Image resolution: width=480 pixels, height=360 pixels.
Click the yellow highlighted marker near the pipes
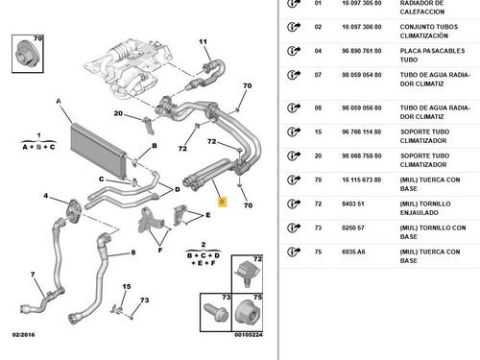click(x=222, y=202)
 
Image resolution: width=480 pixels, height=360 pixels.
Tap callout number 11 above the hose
click(x=203, y=41)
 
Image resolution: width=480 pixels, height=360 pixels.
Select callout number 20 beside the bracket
click(x=118, y=113)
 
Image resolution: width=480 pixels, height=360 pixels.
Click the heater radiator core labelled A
click(x=98, y=150)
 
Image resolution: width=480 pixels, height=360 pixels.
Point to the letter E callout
click(x=208, y=215)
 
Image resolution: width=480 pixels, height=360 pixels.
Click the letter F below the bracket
click(x=160, y=250)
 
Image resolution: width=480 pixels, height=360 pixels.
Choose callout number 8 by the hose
click(x=133, y=252)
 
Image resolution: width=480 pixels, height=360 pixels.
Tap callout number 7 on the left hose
click(x=33, y=275)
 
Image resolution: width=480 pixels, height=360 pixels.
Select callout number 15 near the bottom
click(x=127, y=286)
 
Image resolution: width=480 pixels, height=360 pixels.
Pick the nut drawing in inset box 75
click(x=248, y=313)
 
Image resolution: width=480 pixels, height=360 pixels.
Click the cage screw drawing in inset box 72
click(x=248, y=274)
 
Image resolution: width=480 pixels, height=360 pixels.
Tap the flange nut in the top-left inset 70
click(x=28, y=54)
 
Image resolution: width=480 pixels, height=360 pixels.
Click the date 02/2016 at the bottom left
click(x=23, y=335)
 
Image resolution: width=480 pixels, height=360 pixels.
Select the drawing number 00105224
click(x=249, y=335)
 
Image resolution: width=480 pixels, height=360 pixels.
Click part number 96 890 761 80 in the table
click(x=362, y=51)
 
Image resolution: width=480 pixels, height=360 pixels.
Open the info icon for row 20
click(x=294, y=156)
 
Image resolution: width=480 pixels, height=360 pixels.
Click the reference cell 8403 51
click(x=353, y=204)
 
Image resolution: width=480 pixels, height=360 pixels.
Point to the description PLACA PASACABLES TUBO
click(x=432, y=56)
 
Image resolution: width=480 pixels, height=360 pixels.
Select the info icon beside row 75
click(x=294, y=252)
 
